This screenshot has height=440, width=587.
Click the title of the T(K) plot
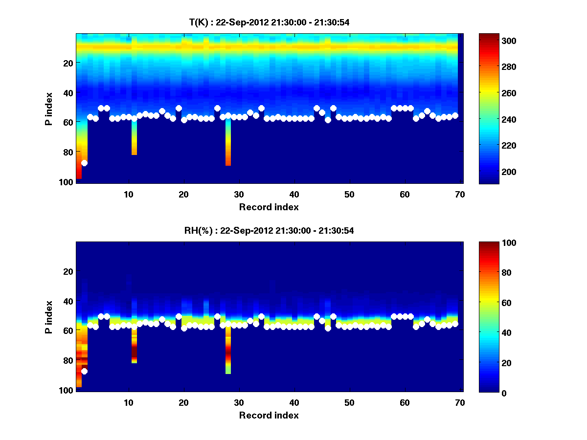point(269,22)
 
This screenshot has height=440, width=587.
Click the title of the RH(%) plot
point(269,230)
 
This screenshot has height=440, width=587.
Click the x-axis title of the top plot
point(269,207)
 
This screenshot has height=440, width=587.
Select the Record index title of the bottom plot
point(269,415)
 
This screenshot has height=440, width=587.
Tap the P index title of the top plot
point(49,109)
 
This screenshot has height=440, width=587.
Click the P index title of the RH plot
point(49,317)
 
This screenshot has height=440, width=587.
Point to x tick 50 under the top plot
point(349,194)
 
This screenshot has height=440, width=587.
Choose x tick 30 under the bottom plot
point(239,402)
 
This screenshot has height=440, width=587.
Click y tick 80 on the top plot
point(68,152)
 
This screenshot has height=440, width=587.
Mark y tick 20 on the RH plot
point(68,271)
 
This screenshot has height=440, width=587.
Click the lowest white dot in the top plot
point(84,163)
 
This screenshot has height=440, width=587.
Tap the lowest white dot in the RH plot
point(84,371)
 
